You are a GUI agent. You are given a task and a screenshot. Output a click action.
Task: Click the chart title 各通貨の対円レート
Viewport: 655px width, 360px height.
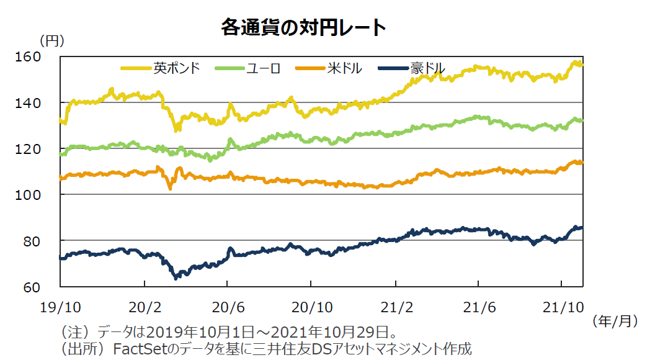pyautogui.click(x=303, y=28)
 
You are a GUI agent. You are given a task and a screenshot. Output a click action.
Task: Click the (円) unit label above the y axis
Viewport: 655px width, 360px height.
pyautogui.click(x=51, y=41)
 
